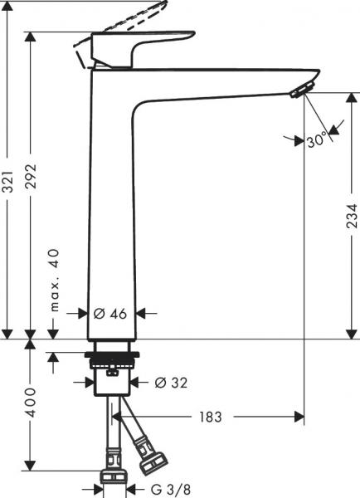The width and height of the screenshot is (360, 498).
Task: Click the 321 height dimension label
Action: point(8,181)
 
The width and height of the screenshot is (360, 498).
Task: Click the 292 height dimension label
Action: point(32,176)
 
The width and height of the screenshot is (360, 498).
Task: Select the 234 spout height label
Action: point(352,217)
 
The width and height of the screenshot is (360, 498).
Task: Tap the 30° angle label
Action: point(317,139)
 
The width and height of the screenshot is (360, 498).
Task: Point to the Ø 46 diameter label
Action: point(110,314)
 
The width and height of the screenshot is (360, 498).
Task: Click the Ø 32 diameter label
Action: point(171,383)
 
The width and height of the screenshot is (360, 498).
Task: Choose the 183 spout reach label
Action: point(210,417)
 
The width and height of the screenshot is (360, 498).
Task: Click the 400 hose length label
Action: point(32,402)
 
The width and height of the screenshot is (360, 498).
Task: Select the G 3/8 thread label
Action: point(171,489)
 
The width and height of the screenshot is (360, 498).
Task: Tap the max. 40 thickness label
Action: point(54,281)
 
